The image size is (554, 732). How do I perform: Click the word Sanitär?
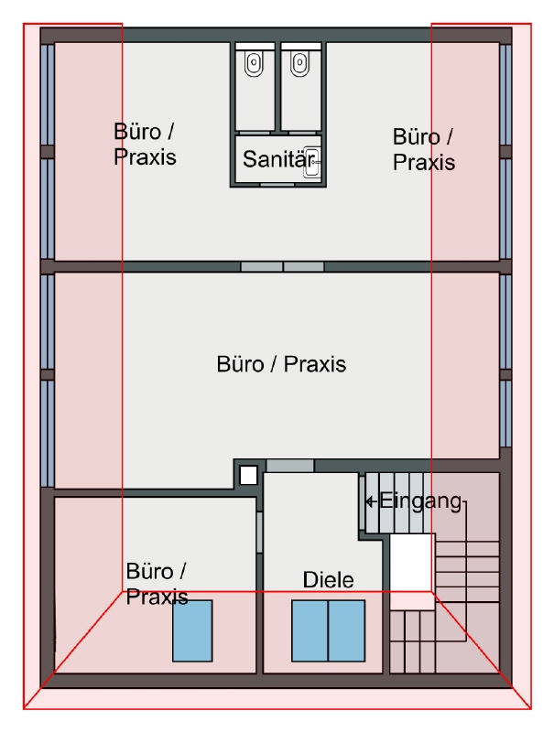(x=278, y=159)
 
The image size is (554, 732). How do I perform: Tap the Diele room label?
(x=329, y=580)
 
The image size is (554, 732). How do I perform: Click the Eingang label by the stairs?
(x=420, y=501)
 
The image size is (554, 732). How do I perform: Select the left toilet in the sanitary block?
(x=255, y=63)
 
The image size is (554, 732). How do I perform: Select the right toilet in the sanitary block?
(x=299, y=63)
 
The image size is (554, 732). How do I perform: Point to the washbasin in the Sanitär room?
(x=312, y=162)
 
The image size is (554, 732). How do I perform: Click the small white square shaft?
(x=248, y=476)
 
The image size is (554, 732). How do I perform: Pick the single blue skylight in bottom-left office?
(x=192, y=630)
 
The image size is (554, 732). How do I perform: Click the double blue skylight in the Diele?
(x=329, y=630)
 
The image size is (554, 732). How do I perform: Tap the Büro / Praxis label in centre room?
(x=281, y=364)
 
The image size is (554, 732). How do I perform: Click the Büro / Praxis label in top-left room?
(x=145, y=145)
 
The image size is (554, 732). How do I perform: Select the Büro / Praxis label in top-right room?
(x=424, y=150)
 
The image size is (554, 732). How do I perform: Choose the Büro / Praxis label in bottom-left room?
(x=157, y=584)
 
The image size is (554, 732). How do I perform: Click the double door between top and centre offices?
(x=282, y=266)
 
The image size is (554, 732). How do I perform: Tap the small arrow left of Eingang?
(x=372, y=501)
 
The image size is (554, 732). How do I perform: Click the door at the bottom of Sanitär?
(x=277, y=185)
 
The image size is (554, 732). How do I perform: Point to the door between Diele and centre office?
(x=290, y=466)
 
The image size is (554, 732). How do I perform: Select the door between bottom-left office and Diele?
(x=259, y=533)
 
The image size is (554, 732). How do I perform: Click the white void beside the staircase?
(x=410, y=563)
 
